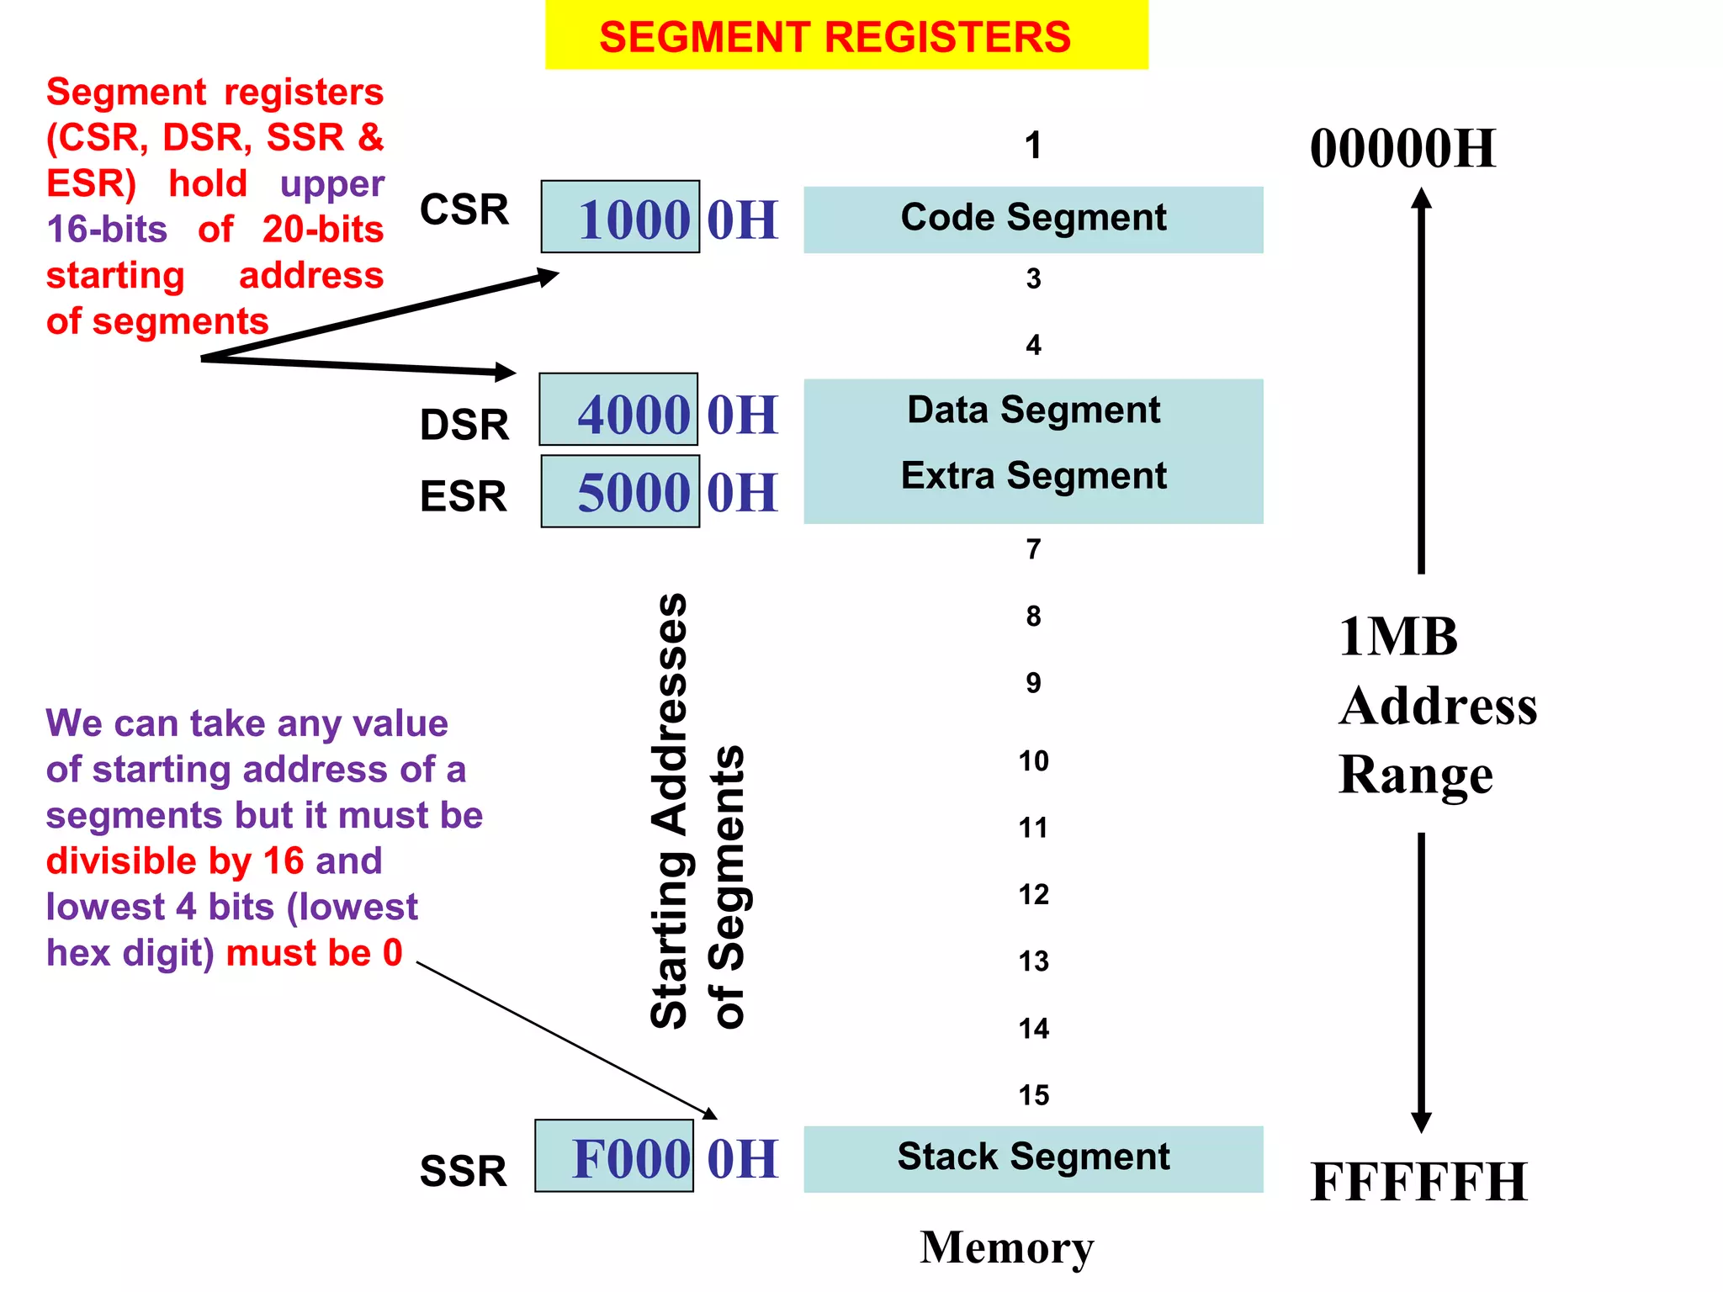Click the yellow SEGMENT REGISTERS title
(846, 35)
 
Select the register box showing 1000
(620, 217)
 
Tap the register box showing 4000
(618, 410)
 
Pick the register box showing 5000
(620, 491)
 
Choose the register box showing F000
(614, 1157)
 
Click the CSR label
(464, 209)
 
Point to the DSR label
(464, 425)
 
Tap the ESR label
(463, 496)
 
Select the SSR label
(463, 1171)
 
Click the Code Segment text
(1033, 218)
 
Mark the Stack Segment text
(1033, 1157)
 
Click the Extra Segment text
(1033, 476)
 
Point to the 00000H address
(1402, 149)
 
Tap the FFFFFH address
(1418, 1182)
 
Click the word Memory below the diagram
(1007, 1247)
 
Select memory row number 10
(1033, 761)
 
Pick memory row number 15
(1033, 1095)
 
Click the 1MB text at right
(1397, 637)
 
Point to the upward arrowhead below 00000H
(1421, 199)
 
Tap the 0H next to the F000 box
(742, 1159)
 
